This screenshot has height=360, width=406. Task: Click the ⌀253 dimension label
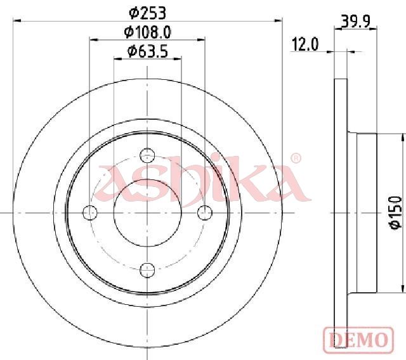point(147,13)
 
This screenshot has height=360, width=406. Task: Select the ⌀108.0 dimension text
point(147,32)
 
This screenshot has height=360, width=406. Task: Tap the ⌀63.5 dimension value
point(148,51)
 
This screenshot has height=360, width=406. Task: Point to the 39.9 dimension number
point(355,22)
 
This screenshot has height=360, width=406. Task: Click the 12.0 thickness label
point(305,44)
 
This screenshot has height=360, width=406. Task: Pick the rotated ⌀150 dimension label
point(396,212)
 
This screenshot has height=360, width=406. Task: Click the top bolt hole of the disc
point(147,155)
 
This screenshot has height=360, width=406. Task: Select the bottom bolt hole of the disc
point(147,270)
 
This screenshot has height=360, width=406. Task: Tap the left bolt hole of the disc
point(89,212)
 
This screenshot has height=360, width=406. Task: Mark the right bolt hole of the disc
point(205,212)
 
